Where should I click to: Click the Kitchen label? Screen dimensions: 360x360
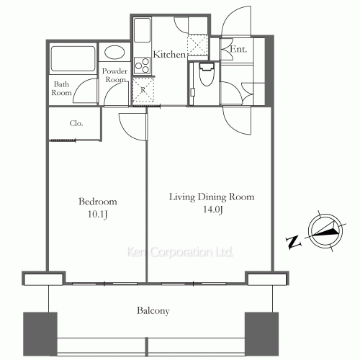coord(169,54)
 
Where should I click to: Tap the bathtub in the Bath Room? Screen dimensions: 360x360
coord(73,59)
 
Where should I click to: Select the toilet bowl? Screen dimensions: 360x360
coord(207,74)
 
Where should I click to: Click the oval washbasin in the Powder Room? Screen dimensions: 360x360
coord(114,53)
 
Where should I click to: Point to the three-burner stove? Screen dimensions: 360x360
coord(143,66)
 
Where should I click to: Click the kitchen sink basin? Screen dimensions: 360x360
coord(142,30)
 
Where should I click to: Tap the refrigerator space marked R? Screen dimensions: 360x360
coord(143,90)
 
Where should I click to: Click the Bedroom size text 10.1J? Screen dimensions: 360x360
coord(97,215)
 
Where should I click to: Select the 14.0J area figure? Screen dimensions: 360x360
coord(213,210)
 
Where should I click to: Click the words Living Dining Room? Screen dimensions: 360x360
coord(212,197)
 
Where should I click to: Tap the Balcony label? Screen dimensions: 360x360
coord(153,310)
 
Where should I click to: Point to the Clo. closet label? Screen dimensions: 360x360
coord(76,123)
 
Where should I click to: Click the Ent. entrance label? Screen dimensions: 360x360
coord(238,50)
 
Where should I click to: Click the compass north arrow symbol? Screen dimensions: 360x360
coord(325,230)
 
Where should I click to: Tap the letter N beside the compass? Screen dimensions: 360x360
coord(293,242)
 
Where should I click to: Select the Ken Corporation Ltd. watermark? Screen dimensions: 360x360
coord(180,252)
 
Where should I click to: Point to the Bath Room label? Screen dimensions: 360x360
coord(61,89)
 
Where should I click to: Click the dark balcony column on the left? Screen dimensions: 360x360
coord(40,334)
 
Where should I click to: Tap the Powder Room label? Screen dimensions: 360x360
coord(114,75)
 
